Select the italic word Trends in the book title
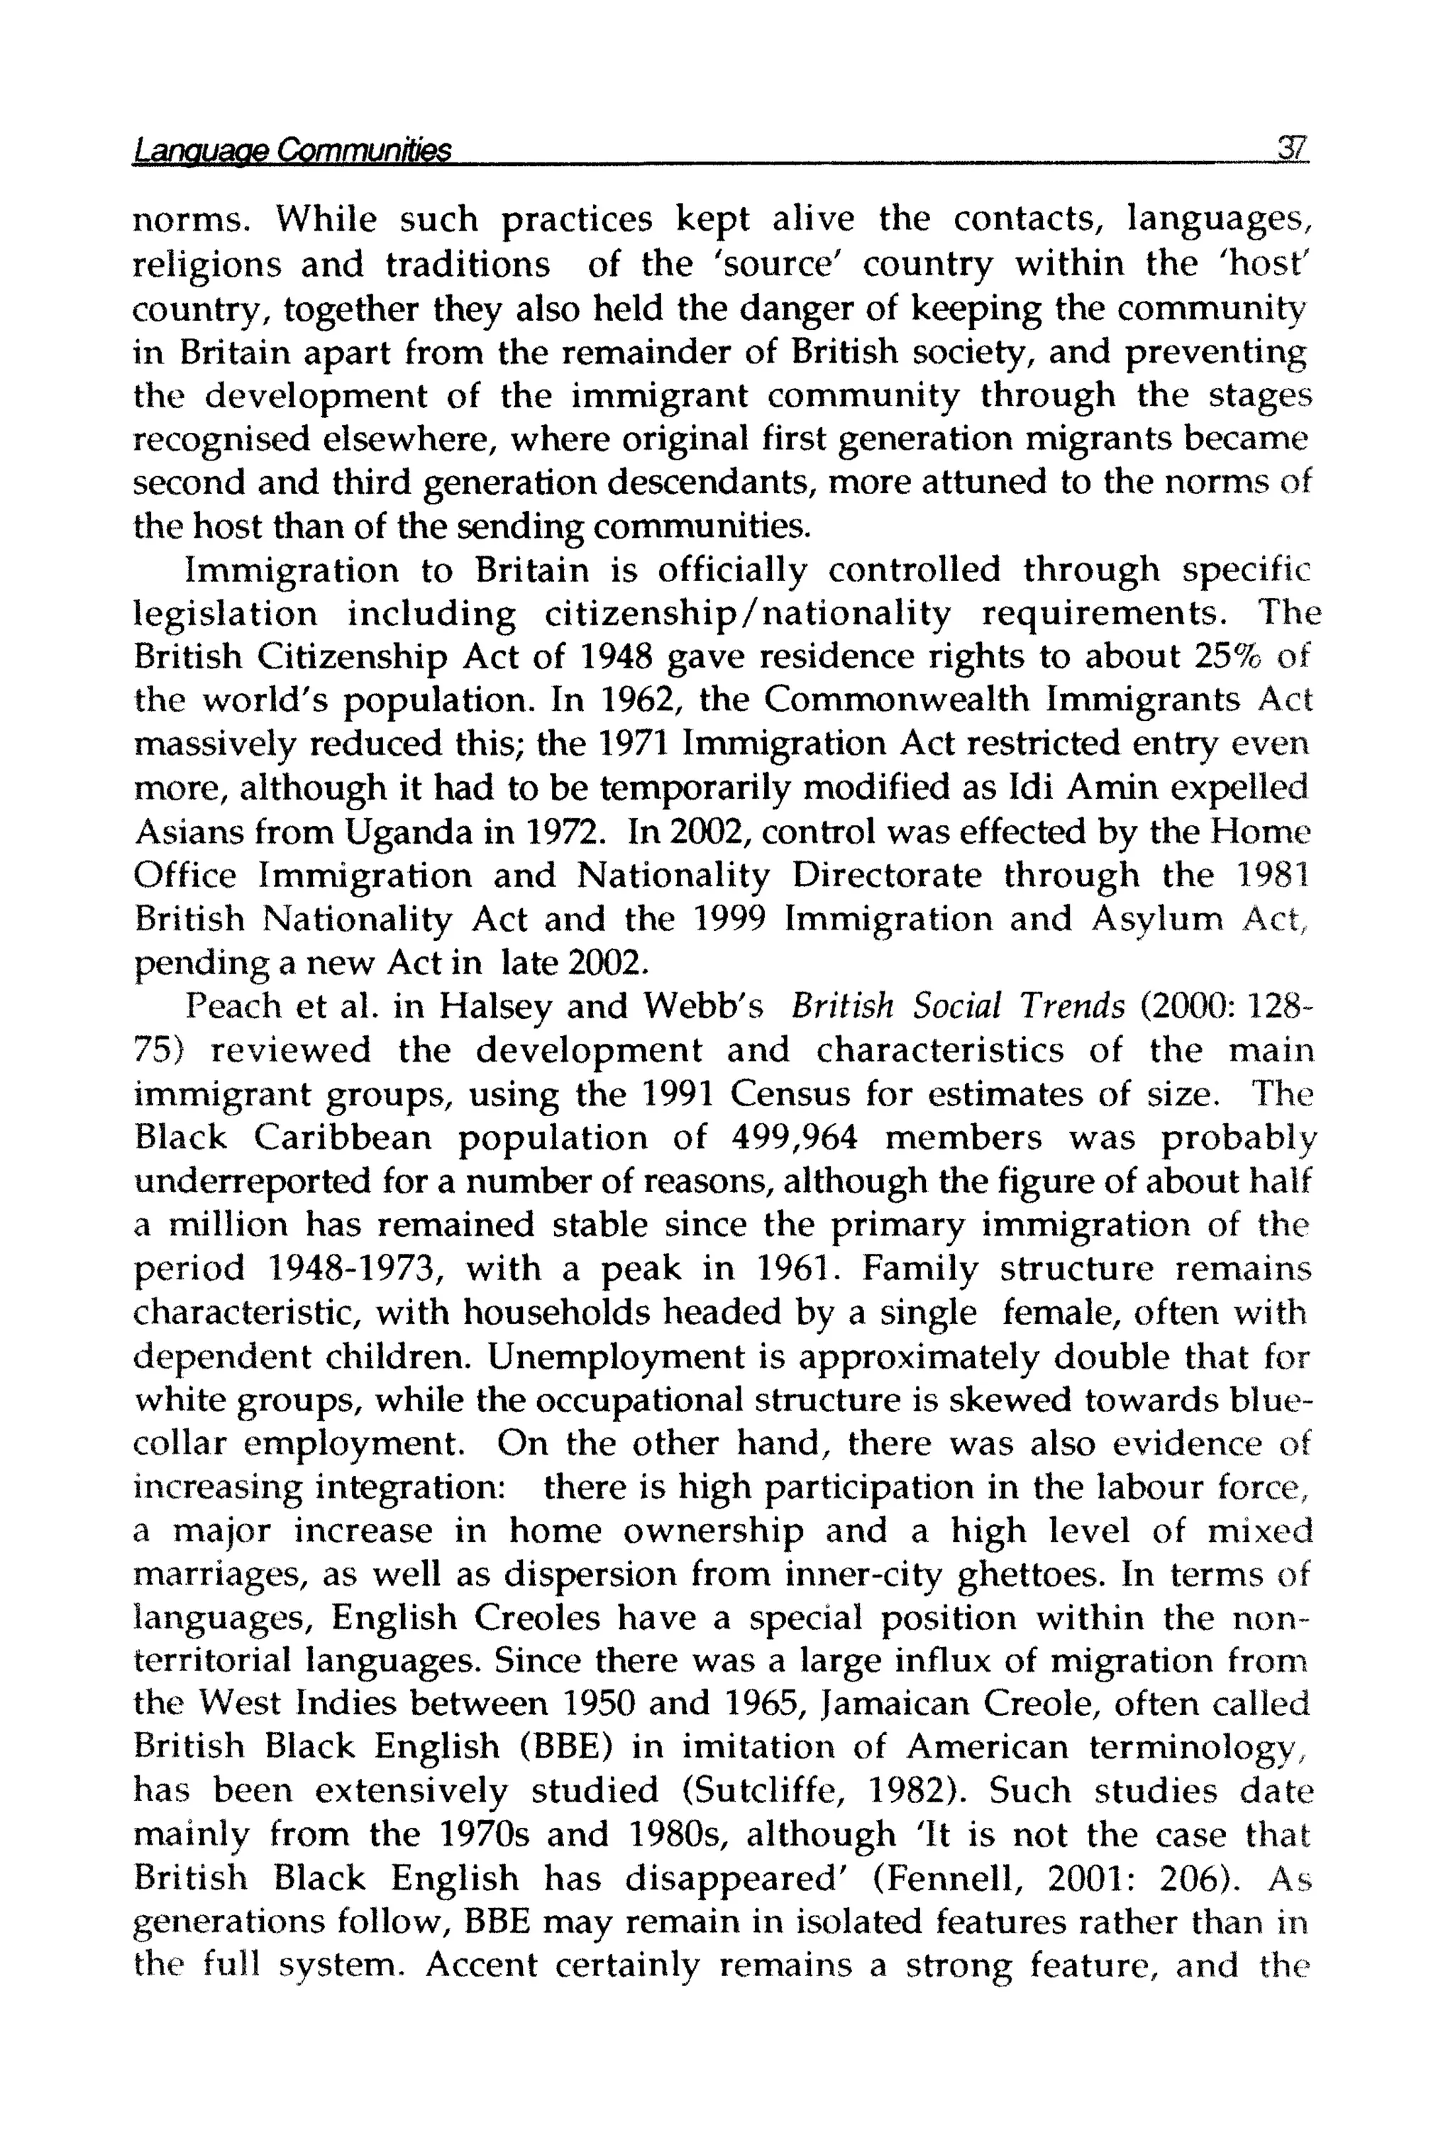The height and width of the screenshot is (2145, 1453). (x=1064, y=1006)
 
